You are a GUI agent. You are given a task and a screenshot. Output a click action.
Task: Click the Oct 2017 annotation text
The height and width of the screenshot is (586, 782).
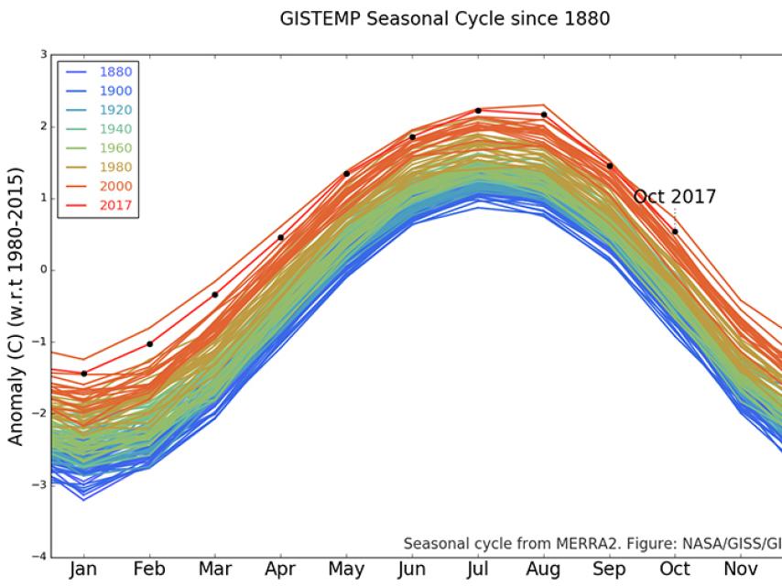pyautogui.click(x=675, y=197)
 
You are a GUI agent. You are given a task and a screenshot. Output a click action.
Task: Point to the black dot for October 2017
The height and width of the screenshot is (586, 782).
pyautogui.click(x=675, y=231)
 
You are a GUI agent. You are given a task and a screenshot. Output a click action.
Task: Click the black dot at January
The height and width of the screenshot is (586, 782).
pyautogui.click(x=84, y=374)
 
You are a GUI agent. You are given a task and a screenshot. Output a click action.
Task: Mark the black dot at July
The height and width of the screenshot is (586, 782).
pyautogui.click(x=478, y=110)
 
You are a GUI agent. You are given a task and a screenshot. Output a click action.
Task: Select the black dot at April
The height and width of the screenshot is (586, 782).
pyautogui.click(x=280, y=237)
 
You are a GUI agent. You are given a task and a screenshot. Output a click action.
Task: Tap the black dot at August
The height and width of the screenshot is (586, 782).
pyautogui.click(x=544, y=114)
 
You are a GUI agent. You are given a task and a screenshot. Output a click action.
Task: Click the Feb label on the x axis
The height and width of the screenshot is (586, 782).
pyautogui.click(x=149, y=569)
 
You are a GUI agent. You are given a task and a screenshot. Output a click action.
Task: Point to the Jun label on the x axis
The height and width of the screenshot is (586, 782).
pyautogui.click(x=412, y=569)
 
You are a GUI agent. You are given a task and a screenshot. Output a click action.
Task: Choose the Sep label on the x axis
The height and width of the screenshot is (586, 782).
pyautogui.click(x=610, y=569)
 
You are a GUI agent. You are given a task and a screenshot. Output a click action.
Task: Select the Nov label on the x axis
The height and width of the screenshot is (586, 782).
pyautogui.click(x=741, y=569)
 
